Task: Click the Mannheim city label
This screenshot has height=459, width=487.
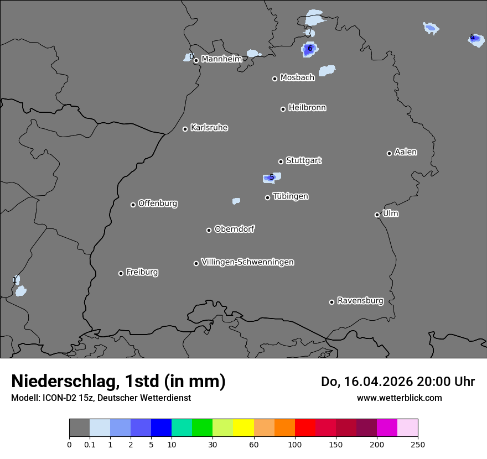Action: pyautogui.click(x=221, y=59)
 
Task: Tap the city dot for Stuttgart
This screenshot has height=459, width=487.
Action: pyautogui.click(x=281, y=161)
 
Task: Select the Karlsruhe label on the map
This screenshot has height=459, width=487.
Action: pyautogui.click(x=209, y=128)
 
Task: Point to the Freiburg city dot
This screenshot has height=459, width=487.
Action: pyautogui.click(x=121, y=273)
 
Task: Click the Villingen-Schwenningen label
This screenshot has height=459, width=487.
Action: pyautogui.click(x=247, y=262)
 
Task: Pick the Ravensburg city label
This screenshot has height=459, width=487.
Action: pyautogui.click(x=360, y=301)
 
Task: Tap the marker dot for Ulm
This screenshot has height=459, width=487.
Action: pyautogui.click(x=377, y=215)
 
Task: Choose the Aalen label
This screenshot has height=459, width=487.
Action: pyautogui.click(x=406, y=152)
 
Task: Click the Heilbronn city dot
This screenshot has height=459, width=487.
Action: pyautogui.click(x=283, y=109)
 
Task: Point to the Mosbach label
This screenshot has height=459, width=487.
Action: pyautogui.click(x=297, y=77)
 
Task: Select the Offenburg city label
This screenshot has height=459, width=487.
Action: pyautogui.click(x=158, y=204)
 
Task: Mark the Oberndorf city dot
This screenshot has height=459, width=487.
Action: pyautogui.click(x=209, y=230)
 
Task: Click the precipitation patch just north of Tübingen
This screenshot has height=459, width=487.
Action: pyautogui.click(x=271, y=178)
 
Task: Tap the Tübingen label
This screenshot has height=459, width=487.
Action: pyautogui.click(x=291, y=196)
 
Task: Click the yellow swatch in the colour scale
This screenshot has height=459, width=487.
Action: pyautogui.click(x=244, y=428)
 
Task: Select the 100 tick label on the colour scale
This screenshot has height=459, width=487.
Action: pyautogui.click(x=294, y=444)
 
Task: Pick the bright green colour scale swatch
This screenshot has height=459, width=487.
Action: pyautogui.click(x=202, y=428)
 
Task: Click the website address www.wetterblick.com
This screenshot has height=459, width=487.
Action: pyautogui.click(x=399, y=398)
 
